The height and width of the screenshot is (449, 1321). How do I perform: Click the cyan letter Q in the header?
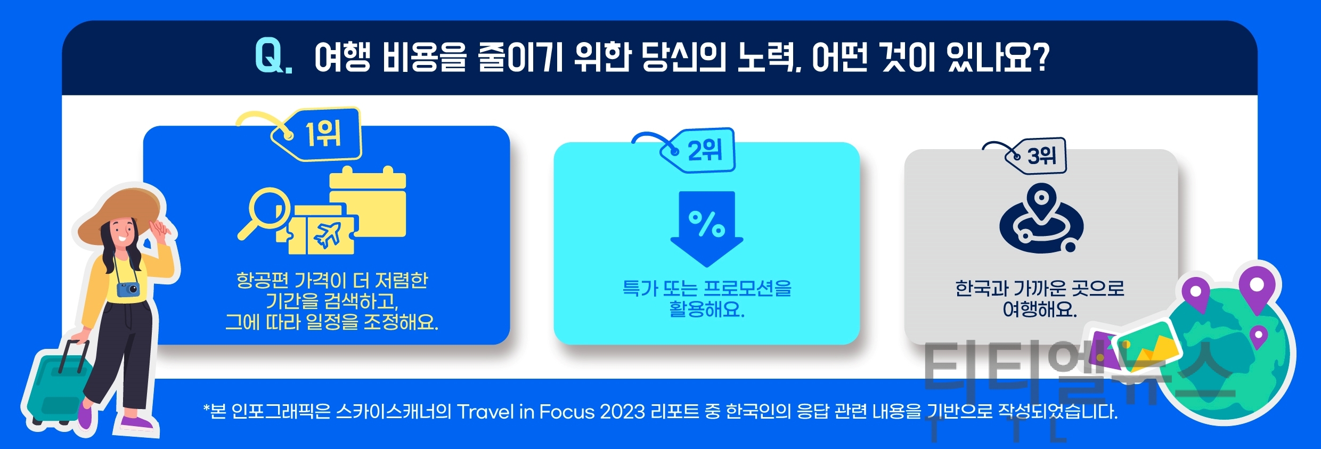click(x=271, y=56)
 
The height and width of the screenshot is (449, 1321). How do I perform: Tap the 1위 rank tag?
click(x=317, y=134)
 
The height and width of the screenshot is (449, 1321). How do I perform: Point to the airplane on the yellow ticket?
click(x=327, y=235)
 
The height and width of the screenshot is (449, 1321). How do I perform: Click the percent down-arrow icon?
click(x=707, y=228)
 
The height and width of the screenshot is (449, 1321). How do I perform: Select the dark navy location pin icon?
click(x=1041, y=218)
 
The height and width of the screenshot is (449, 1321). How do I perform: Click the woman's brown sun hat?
click(x=119, y=214)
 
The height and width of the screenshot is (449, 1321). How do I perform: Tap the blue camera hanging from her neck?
click(x=128, y=289)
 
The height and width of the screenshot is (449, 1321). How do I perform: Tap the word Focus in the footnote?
click(x=566, y=412)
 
